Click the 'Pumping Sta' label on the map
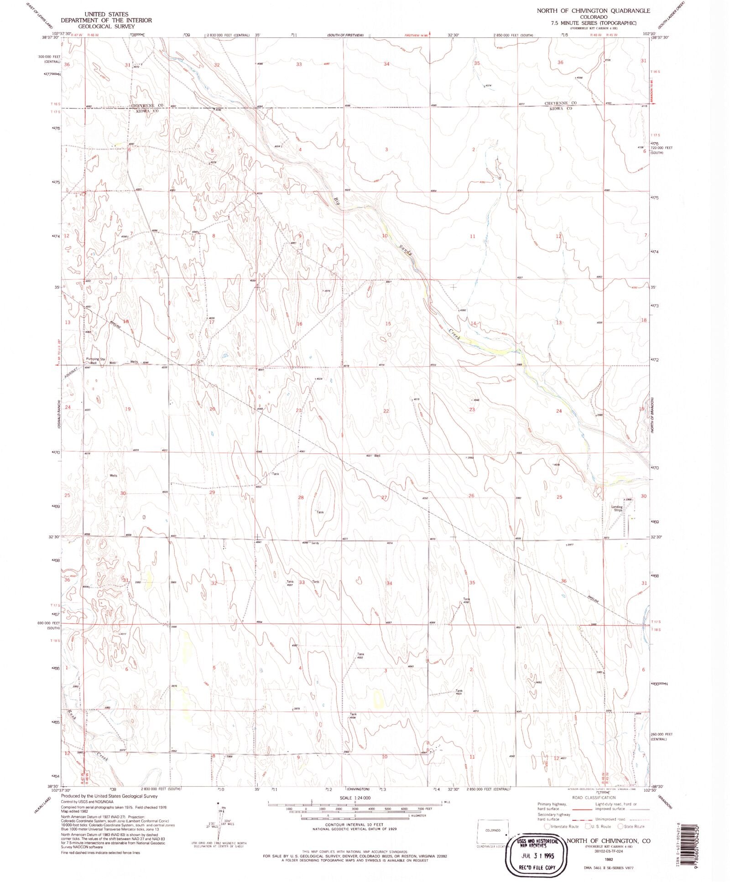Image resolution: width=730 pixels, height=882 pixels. [95, 359]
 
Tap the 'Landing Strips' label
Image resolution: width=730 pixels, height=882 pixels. [617, 508]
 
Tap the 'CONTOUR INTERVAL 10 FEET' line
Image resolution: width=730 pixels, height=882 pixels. [354, 825]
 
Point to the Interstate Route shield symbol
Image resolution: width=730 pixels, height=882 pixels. [547, 826]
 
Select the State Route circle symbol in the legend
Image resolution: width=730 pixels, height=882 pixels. [620, 826]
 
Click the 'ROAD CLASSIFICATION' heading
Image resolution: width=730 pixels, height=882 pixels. [592, 798]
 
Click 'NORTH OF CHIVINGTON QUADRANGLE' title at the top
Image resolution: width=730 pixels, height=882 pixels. [593, 10]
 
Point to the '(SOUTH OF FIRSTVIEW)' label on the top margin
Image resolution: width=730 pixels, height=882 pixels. [345, 35]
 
